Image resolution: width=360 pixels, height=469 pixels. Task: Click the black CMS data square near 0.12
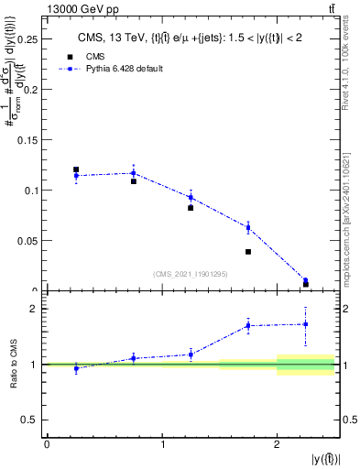click(x=76, y=169)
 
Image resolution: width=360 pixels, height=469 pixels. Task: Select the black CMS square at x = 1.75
click(x=248, y=252)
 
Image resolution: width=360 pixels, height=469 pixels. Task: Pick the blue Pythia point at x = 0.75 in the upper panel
click(x=134, y=173)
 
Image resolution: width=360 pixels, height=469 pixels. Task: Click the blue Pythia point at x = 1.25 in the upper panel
click(x=191, y=197)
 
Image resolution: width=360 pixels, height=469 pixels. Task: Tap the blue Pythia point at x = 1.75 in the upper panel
click(x=248, y=227)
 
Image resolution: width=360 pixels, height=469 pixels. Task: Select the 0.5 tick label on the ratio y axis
click(x=29, y=420)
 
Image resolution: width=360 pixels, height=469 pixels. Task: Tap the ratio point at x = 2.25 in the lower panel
click(x=305, y=324)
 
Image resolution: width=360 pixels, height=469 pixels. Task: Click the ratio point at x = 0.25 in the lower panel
click(x=76, y=368)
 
